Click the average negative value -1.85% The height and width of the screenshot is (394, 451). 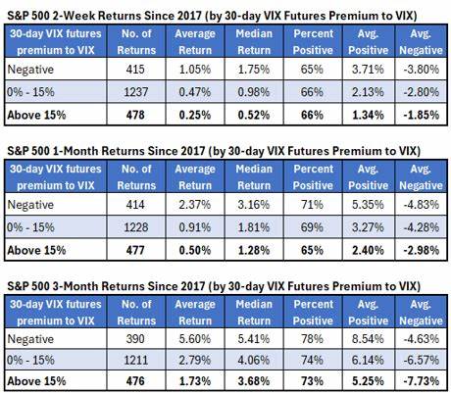point(411,117)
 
